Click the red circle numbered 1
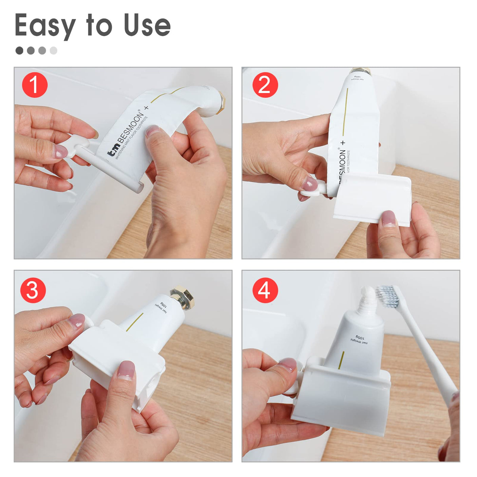35,85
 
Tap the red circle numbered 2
265,85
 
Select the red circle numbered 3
33,290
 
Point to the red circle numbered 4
265,290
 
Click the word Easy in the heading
45,25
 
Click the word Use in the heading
147,25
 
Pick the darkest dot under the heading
19,51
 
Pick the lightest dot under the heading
53,51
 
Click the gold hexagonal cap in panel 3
182,297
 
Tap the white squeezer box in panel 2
371,198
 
